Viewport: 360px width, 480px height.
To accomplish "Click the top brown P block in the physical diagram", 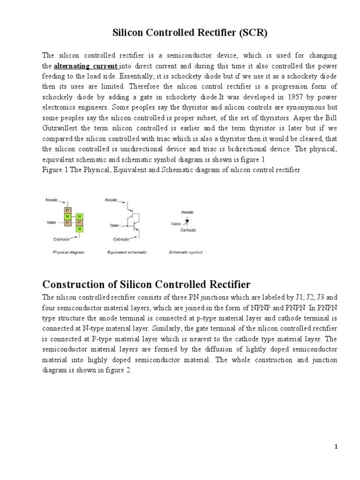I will click(67, 210).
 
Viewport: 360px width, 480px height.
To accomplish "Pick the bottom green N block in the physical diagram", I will click(79, 229).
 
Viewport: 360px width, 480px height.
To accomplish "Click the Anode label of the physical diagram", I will click(52, 200).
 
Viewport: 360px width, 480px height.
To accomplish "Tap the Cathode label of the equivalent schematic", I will click(121, 240).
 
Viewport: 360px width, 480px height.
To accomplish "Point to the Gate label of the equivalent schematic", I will click(114, 225).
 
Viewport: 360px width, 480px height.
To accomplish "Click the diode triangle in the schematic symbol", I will click(187, 219).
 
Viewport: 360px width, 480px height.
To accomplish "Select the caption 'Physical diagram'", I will click(68, 252).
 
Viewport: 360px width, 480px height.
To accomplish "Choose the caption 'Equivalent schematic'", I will click(127, 252).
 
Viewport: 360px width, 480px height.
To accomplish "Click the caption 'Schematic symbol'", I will click(186, 252).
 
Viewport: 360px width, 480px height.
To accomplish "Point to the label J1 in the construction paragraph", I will click(300, 297).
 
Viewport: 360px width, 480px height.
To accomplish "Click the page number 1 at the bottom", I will click(336, 447).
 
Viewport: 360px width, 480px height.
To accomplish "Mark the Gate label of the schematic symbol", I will click(176, 224).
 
